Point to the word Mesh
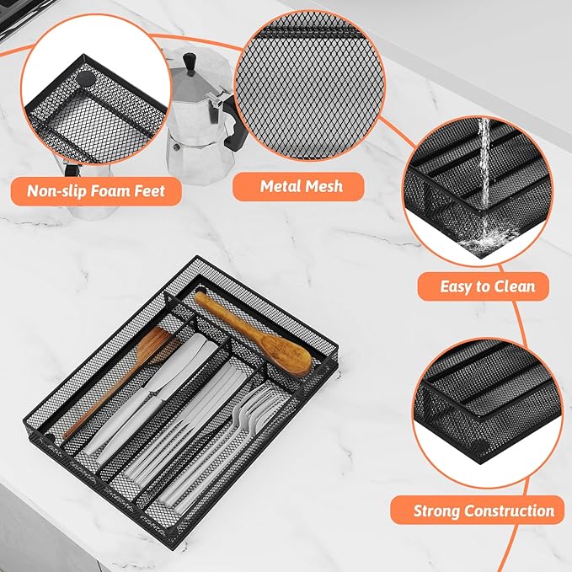[324, 186]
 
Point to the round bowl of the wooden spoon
[287, 355]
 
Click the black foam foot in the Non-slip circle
[85, 78]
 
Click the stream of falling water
[484, 164]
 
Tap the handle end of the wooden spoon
[200, 297]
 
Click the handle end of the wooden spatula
[67, 435]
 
